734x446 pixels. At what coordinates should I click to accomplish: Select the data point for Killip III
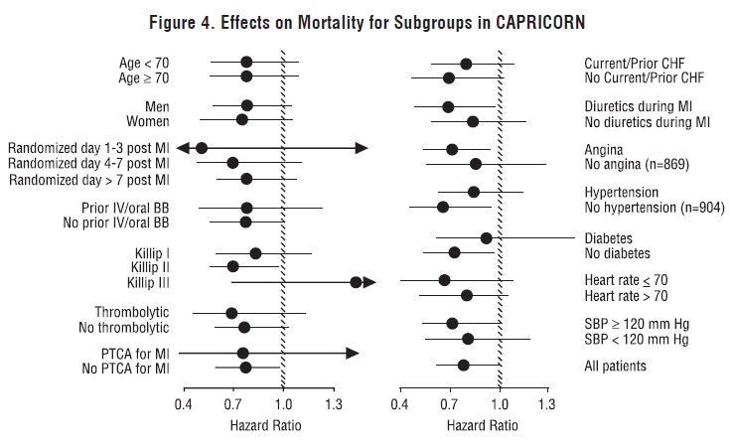[x=356, y=282]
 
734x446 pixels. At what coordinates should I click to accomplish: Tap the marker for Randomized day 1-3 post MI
[x=202, y=148]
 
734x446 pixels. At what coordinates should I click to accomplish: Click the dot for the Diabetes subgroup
[x=487, y=237]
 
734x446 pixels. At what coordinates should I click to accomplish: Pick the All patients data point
[x=464, y=366]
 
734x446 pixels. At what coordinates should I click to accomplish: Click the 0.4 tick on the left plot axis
[x=183, y=405]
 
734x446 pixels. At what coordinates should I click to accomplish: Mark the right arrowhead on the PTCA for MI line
[x=353, y=353]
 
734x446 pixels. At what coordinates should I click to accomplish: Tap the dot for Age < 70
[x=246, y=63]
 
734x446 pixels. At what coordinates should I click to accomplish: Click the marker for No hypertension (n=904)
[x=443, y=207]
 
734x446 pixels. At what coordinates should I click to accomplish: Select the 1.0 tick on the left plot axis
[x=283, y=405]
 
